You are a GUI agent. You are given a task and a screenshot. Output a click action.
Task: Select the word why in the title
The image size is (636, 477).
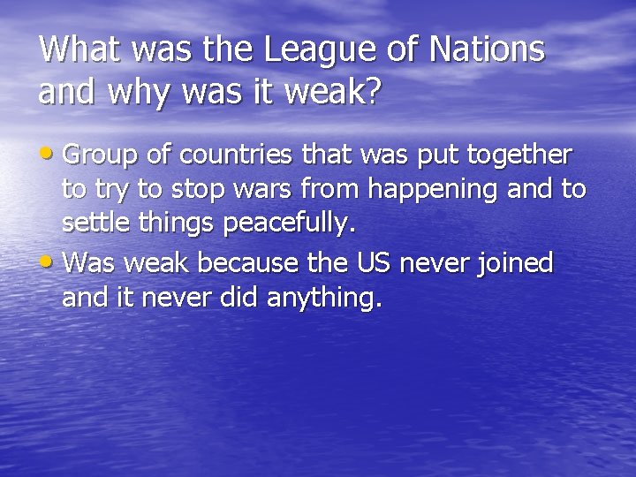coord(135,92)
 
